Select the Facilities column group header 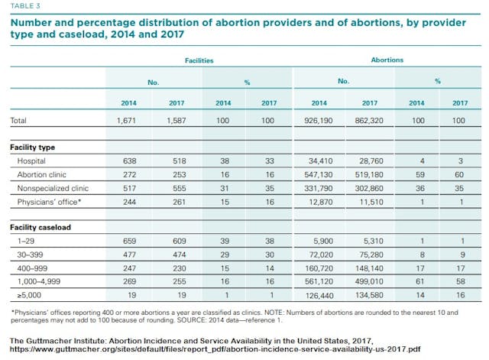199,58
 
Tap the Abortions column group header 388,58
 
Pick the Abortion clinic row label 43,174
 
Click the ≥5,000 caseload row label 29,294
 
